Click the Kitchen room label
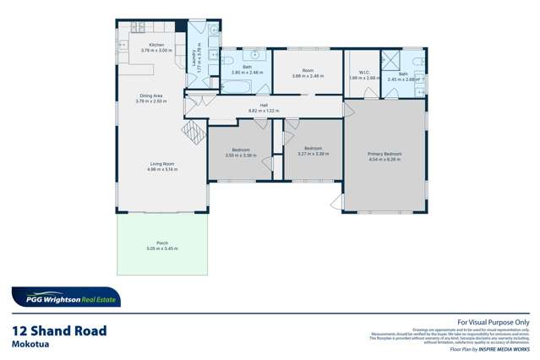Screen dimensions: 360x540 click(x=156, y=45)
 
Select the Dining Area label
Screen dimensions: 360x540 click(x=151, y=96)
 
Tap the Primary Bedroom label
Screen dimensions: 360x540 click(x=384, y=154)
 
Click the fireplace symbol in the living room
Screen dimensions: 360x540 click(x=194, y=131)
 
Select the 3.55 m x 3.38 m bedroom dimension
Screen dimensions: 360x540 click(x=241, y=155)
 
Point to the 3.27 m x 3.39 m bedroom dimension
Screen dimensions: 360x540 click(x=313, y=155)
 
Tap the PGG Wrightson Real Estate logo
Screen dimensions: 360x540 click(x=66, y=297)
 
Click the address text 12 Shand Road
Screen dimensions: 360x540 click(x=59, y=330)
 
